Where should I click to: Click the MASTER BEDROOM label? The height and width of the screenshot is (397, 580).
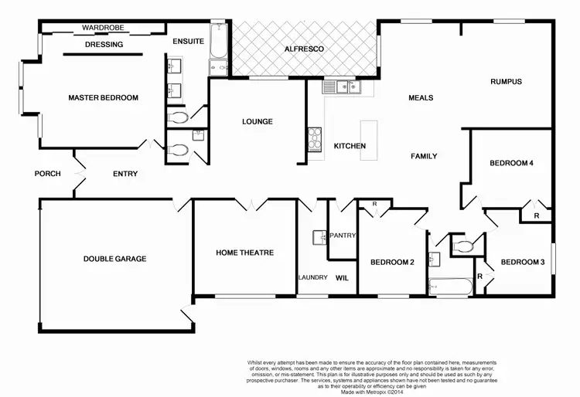(103, 98)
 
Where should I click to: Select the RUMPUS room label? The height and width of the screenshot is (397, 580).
(507, 82)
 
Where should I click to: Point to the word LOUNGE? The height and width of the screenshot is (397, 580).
(257, 121)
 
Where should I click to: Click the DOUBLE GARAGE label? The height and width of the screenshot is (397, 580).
(114, 259)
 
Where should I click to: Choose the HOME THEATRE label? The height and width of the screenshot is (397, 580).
(244, 253)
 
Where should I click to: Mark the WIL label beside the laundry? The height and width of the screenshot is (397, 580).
(343, 278)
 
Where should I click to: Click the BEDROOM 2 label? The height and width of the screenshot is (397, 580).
(392, 263)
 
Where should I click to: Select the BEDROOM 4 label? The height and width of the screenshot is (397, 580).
(512, 164)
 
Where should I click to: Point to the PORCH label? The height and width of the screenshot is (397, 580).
(48, 174)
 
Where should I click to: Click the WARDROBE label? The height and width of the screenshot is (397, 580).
(103, 29)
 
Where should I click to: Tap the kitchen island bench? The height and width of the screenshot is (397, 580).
(368, 140)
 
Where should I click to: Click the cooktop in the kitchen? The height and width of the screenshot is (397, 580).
(315, 140)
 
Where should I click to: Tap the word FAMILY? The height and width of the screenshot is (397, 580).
(424, 156)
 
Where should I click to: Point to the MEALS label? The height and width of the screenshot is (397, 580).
(421, 98)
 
